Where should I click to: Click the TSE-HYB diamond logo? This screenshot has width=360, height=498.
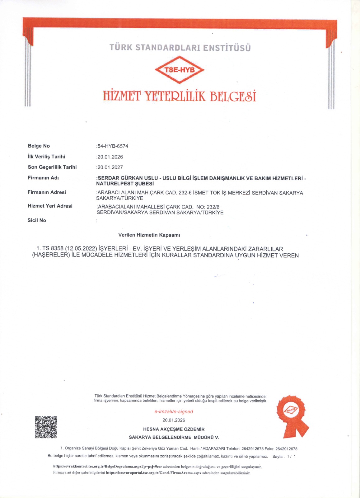(x=180, y=70)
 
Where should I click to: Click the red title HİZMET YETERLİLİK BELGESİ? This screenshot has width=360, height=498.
(x=180, y=96)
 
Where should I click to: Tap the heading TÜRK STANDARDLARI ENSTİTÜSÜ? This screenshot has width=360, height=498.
(x=180, y=48)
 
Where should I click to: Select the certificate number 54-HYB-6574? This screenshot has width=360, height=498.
(x=113, y=146)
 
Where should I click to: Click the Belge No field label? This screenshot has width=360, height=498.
(x=39, y=146)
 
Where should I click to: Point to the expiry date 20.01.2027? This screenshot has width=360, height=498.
(x=110, y=167)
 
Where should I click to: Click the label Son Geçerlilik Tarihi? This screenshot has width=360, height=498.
(x=52, y=167)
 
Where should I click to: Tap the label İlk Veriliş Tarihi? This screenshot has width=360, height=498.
(x=46, y=157)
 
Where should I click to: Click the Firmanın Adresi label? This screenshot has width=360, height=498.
(x=47, y=192)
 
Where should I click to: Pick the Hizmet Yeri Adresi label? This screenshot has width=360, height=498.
(x=50, y=206)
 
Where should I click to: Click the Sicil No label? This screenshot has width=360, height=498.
(x=37, y=220)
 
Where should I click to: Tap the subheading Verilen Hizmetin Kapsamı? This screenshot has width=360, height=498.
(x=149, y=235)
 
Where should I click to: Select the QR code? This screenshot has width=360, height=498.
(x=46, y=427)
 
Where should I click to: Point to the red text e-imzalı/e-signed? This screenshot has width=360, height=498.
(x=174, y=411)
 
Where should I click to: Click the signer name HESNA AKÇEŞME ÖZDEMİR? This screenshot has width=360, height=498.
(x=174, y=429)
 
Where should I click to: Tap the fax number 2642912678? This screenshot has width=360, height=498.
(x=286, y=449)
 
